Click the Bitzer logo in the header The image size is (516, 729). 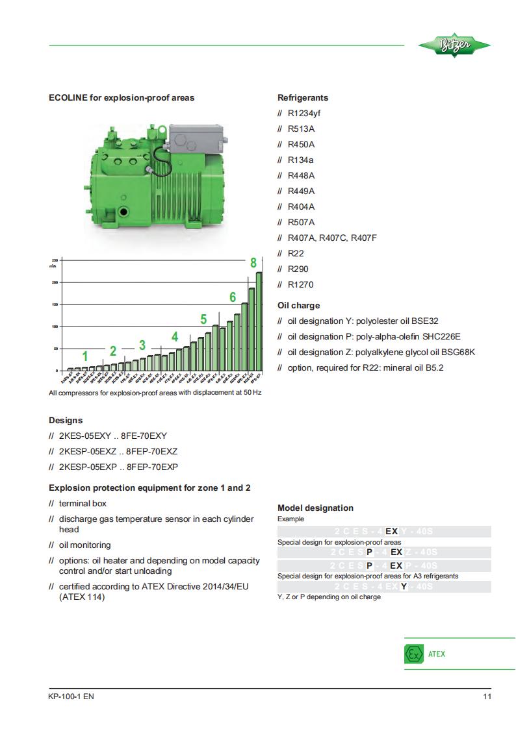(454, 46)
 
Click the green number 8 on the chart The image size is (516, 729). (253, 263)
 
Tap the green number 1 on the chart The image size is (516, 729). (84, 356)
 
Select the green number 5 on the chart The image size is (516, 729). (203, 319)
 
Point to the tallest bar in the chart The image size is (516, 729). (259, 321)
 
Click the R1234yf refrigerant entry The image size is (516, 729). (303, 113)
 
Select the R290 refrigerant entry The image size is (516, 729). (298, 269)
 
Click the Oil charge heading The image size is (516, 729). (298, 305)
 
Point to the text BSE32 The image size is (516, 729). (426, 321)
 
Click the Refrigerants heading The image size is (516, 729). (303, 97)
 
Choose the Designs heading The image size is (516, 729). (66, 420)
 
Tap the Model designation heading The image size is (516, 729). (315, 508)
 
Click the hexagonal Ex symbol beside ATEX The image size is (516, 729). (414, 654)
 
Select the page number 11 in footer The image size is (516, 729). (487, 697)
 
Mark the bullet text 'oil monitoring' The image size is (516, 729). (84, 545)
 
